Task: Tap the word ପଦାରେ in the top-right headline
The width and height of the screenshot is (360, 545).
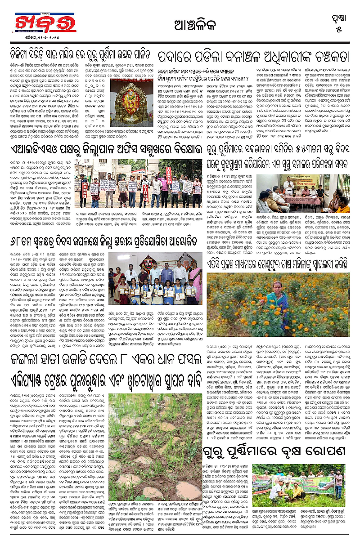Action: (x=173, y=57)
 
